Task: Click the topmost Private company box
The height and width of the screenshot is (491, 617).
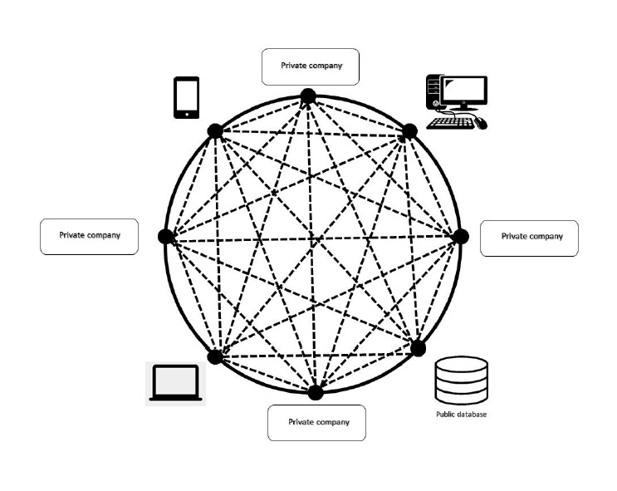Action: pyautogui.click(x=311, y=66)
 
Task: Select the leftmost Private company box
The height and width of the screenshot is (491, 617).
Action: pyautogui.click(x=89, y=236)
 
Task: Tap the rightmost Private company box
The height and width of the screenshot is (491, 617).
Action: pyautogui.click(x=529, y=238)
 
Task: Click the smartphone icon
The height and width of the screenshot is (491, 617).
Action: pyautogui.click(x=187, y=97)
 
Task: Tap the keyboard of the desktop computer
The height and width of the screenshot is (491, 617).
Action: pyautogui.click(x=451, y=122)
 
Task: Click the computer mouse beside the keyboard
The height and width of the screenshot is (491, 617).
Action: pyautogui.click(x=482, y=124)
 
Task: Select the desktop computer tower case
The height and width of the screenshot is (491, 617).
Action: pyautogui.click(x=433, y=92)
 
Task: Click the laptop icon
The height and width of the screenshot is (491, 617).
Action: pyautogui.click(x=175, y=384)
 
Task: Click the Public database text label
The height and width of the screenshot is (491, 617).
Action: pyautogui.click(x=461, y=414)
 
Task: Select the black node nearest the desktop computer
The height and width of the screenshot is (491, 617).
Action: pyautogui.click(x=409, y=132)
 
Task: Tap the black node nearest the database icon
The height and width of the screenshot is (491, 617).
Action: pyautogui.click(x=418, y=346)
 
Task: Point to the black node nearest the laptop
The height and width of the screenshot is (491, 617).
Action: pyautogui.click(x=215, y=356)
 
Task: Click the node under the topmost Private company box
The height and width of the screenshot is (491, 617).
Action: pyautogui.click(x=308, y=97)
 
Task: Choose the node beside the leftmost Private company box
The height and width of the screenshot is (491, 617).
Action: pyautogui.click(x=165, y=237)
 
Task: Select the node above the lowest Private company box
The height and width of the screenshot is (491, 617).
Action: pyautogui.click(x=316, y=391)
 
